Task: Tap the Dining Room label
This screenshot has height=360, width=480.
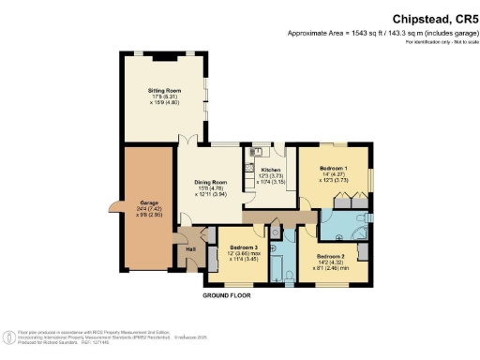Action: pos(211,181)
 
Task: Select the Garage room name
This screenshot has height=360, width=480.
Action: pos(147,202)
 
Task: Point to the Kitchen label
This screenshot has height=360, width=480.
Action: pos(270,170)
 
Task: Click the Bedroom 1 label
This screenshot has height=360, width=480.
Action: pos(335,167)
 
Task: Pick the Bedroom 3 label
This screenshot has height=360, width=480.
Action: pos(237,247)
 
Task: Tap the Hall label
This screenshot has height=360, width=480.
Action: pos(190,248)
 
